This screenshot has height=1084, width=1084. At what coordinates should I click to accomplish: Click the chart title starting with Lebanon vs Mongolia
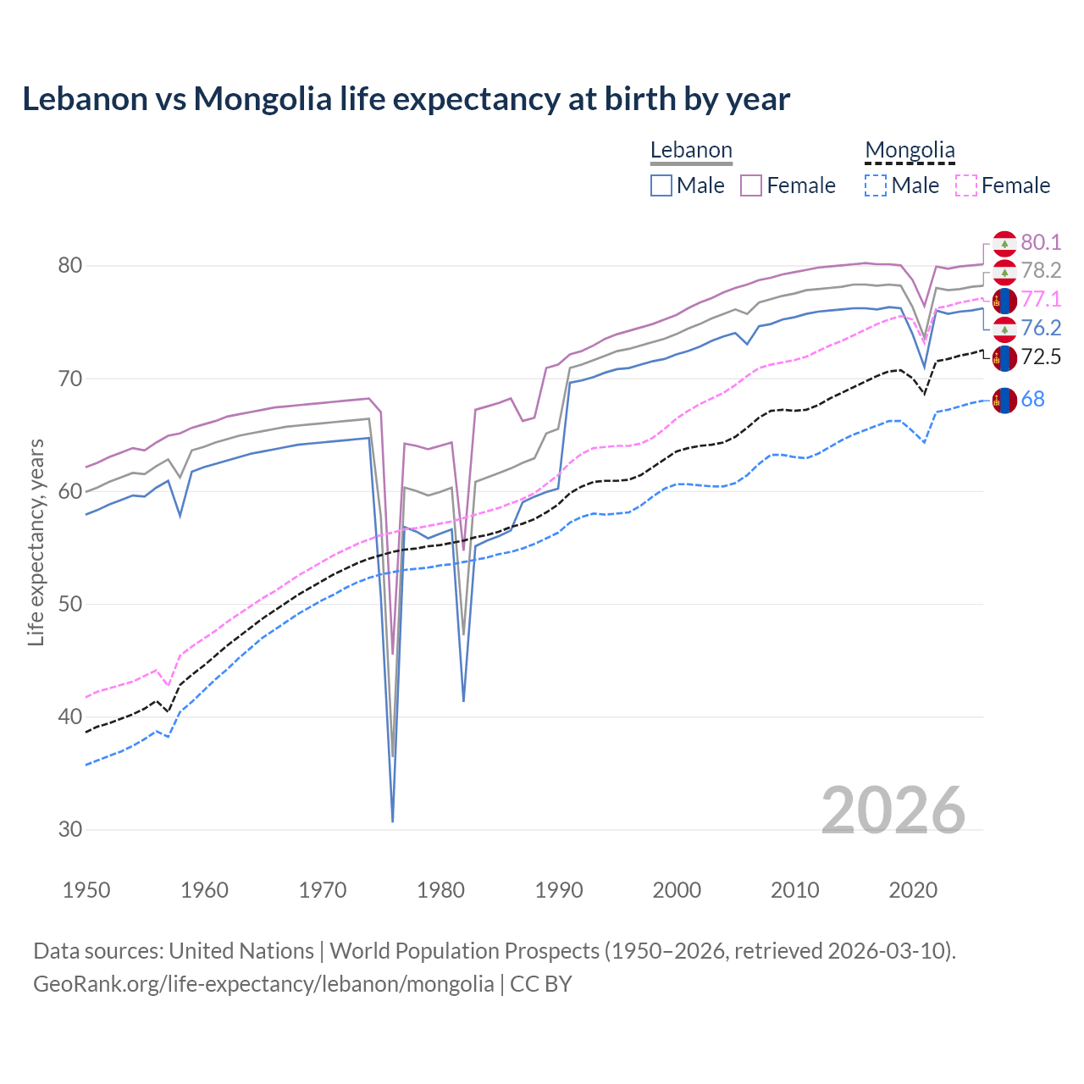(406, 99)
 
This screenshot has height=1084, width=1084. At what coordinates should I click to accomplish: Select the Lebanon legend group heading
(691, 151)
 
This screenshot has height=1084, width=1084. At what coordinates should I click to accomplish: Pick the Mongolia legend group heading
(910, 151)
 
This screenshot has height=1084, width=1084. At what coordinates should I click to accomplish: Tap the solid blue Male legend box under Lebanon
(661, 185)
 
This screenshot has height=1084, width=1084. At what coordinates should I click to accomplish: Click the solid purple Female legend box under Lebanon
(752, 185)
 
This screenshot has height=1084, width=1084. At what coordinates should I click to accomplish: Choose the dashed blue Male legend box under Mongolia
(876, 185)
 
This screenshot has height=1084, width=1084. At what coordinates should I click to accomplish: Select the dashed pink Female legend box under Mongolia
(966, 185)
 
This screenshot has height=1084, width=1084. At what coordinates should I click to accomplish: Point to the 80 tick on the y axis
(70, 266)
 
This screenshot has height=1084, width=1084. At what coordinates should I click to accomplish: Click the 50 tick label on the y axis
(70, 604)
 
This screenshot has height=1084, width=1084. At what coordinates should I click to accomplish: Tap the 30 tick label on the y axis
(70, 830)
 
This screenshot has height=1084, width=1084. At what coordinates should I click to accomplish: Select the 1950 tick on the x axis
(86, 890)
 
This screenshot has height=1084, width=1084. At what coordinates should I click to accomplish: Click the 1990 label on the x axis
(559, 890)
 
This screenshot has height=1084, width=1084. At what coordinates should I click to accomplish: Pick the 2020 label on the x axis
(913, 890)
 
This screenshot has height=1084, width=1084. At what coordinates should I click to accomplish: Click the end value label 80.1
(1041, 243)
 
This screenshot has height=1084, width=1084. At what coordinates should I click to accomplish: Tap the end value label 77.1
(1041, 300)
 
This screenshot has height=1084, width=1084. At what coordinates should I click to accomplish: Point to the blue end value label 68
(1033, 400)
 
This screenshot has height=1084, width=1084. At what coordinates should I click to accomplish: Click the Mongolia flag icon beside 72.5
(1004, 357)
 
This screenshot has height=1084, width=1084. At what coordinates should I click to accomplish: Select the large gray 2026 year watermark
(893, 811)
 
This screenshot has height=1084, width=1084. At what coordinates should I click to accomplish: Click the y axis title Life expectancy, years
(36, 542)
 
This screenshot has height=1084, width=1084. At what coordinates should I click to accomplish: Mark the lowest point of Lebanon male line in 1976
(393, 821)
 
